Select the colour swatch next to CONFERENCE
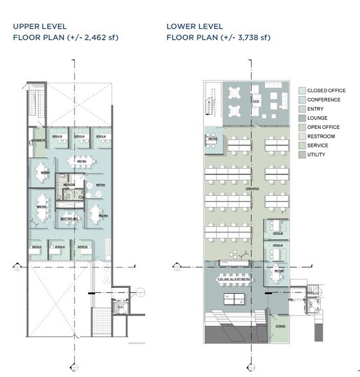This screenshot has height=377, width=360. point(301,99)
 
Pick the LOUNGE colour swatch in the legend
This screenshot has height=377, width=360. point(301,118)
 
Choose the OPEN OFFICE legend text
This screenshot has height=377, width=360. point(323,127)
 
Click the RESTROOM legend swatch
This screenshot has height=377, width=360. point(301,137)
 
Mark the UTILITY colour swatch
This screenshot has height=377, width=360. point(301,155)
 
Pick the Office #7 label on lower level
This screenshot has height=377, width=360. point(277,245)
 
